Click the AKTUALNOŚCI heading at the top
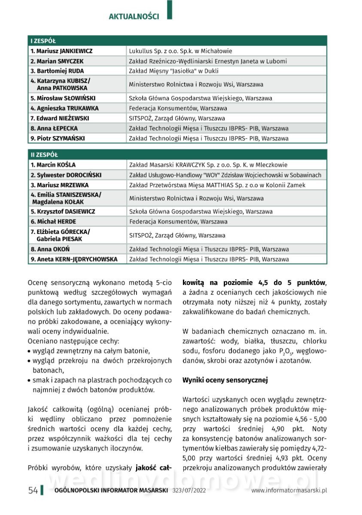click(x=134, y=17)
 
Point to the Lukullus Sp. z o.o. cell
click(x=180, y=51)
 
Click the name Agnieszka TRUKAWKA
click(x=64, y=108)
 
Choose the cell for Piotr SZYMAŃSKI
click(x=58, y=138)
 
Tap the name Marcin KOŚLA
click(x=53, y=165)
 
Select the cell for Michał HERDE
click(x=53, y=221)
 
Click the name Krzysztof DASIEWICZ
click(x=63, y=212)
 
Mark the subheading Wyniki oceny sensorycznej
click(x=225, y=380)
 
